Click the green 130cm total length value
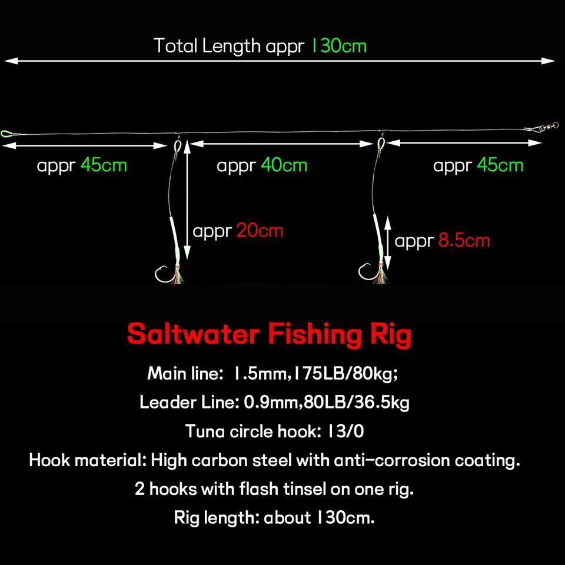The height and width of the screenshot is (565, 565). tap(338, 45)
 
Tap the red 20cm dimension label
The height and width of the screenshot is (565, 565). tap(260, 230)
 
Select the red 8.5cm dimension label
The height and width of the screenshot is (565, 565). tap(464, 240)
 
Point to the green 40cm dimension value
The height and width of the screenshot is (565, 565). tap(284, 165)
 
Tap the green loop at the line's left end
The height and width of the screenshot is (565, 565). tap(6, 132)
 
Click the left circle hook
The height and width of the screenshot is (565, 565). tap(161, 274)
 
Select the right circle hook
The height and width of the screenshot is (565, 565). tap(365, 272)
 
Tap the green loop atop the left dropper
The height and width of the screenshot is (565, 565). tap(178, 145)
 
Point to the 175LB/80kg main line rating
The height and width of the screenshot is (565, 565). tap(345, 373)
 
